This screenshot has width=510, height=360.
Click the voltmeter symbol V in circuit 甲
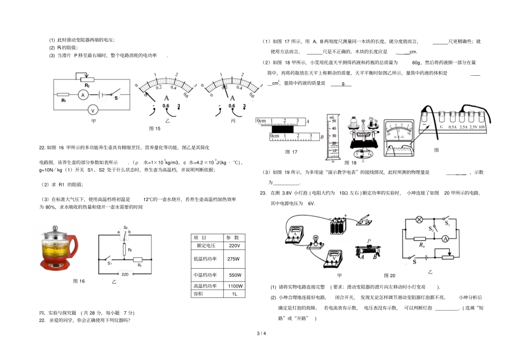click(92, 110)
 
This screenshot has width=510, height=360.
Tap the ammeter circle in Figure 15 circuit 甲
click(83, 94)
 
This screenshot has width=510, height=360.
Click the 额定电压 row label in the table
click(204, 246)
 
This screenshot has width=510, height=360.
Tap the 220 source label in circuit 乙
click(125, 274)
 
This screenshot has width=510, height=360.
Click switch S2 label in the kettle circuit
click(126, 227)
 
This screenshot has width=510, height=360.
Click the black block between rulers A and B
click(286, 129)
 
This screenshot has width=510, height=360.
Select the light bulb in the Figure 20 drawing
click(317, 238)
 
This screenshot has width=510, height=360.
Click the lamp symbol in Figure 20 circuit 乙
click(420, 220)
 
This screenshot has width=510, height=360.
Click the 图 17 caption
click(291, 152)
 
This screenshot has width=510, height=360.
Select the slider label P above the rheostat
click(368, 241)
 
